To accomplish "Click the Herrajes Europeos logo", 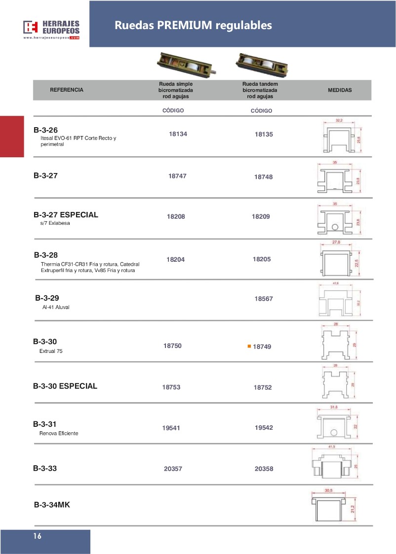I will click(x=51, y=29).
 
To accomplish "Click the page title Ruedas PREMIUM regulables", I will click(x=193, y=25).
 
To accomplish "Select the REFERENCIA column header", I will click(x=67, y=90).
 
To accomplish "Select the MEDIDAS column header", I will click(x=340, y=91).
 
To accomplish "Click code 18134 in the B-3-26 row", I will click(x=178, y=134).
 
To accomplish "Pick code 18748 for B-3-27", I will click(x=264, y=176).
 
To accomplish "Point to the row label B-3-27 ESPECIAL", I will click(x=66, y=215).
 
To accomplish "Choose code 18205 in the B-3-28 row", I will click(x=262, y=259).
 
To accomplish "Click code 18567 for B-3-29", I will click(x=264, y=299).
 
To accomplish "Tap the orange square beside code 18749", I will click(x=249, y=346).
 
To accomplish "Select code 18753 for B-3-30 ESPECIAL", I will click(x=171, y=387).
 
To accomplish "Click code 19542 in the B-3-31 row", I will click(x=264, y=428).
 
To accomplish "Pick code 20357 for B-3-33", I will click(x=173, y=469).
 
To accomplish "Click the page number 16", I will click(x=38, y=536).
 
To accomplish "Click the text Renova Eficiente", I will click(x=59, y=434).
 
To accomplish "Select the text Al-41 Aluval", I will click(x=56, y=307).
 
